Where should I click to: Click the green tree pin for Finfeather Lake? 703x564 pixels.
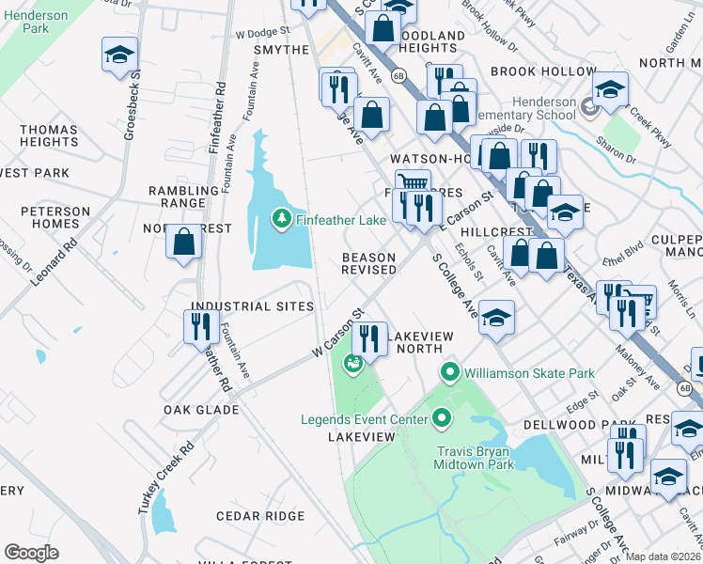click(x=281, y=219)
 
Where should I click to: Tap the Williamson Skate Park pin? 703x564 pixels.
click(x=450, y=373)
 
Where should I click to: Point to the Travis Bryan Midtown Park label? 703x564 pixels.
click(x=475, y=457)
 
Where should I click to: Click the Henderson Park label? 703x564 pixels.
click(x=23, y=22)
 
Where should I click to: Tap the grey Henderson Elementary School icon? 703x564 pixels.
click(x=589, y=107)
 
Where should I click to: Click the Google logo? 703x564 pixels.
click(x=31, y=552)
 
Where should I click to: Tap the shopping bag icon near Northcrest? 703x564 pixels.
click(x=184, y=242)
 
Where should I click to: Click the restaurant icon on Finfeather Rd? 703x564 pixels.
click(x=200, y=326)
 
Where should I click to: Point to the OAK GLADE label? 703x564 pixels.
click(x=201, y=410)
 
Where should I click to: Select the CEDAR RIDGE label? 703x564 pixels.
click(x=260, y=516)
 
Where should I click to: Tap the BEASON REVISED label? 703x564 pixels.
click(x=368, y=263)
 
